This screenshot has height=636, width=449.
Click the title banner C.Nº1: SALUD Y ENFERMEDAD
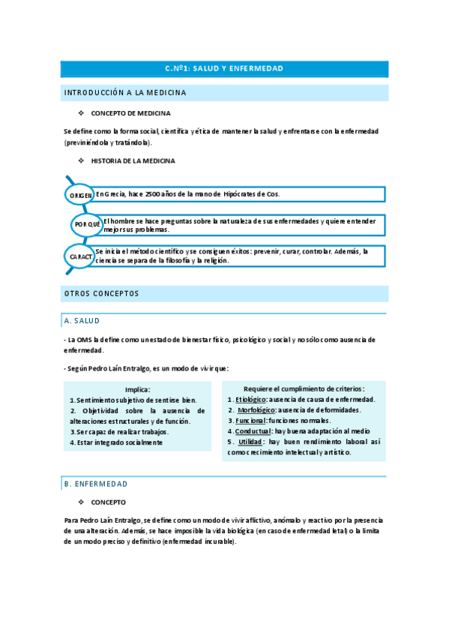tap(224, 69)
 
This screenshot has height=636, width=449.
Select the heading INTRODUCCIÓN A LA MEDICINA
tap(125, 93)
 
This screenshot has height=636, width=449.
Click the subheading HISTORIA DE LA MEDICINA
tap(133, 161)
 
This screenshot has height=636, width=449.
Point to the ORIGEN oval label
tap(81, 195)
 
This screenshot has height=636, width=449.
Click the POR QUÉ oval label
tap(87, 225)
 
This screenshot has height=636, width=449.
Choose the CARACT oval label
tap(81, 256)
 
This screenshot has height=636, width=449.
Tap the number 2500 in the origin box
tap(154, 194)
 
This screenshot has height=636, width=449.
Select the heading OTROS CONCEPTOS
tap(102, 293)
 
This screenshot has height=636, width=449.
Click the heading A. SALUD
tap(82, 321)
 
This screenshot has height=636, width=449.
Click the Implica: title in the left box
tap(138, 389)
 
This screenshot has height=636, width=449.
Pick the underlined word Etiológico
tap(251, 400)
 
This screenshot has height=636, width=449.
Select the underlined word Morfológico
tap(255, 410)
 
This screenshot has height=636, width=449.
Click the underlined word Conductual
tap(253, 432)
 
